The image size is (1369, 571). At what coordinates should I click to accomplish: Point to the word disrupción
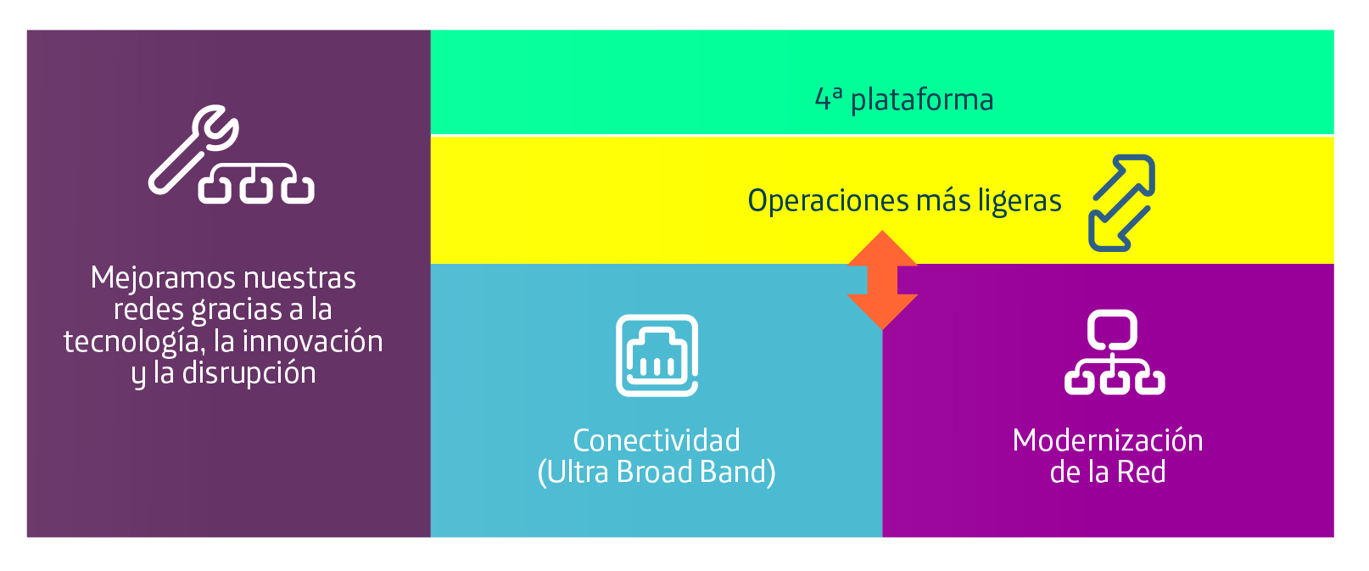(x=249, y=373)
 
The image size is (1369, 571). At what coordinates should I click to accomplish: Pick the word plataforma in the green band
(x=922, y=100)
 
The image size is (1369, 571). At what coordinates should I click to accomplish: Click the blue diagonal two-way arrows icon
(x=1122, y=203)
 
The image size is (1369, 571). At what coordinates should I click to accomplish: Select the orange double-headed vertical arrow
(x=882, y=280)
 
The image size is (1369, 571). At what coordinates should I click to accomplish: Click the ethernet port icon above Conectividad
(x=657, y=355)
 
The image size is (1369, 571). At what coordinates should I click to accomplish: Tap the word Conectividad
(x=657, y=440)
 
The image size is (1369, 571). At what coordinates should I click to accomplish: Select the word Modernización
(x=1108, y=440)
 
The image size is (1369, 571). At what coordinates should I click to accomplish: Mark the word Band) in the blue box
(x=737, y=473)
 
